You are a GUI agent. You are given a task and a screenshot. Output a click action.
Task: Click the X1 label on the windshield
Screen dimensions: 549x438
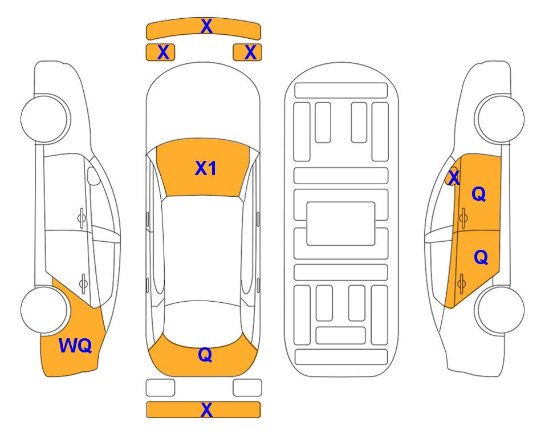206,168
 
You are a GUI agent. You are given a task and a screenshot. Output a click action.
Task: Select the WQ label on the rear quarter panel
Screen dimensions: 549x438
75,346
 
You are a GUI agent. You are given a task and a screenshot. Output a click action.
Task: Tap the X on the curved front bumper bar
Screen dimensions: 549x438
206,26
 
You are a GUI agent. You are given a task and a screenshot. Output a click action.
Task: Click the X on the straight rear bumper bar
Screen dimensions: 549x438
206,409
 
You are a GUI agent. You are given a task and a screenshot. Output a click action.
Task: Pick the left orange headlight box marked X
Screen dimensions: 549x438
160,52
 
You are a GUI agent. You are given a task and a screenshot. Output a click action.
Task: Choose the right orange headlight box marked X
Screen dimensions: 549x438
247,52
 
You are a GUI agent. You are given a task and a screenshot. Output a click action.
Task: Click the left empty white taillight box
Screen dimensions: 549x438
160,388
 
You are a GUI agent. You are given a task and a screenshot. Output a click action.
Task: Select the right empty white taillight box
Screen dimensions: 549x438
247,388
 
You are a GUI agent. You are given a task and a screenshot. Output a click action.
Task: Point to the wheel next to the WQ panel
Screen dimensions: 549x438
44,310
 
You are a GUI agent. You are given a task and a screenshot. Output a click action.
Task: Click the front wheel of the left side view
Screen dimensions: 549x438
44,119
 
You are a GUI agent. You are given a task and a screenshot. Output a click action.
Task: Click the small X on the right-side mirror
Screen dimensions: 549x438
454,177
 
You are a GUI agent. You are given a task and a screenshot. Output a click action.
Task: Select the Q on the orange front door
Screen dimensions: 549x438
479,194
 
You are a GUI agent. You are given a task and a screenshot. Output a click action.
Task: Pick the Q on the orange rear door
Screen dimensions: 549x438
481,257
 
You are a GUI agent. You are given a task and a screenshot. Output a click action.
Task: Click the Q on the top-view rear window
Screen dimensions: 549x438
205,355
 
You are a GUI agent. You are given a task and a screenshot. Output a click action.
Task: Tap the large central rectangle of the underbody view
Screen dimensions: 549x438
341,224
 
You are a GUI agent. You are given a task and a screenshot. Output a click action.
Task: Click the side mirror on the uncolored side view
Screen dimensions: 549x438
93,176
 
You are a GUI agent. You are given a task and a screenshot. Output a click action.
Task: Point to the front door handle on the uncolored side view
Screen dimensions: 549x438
82,218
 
